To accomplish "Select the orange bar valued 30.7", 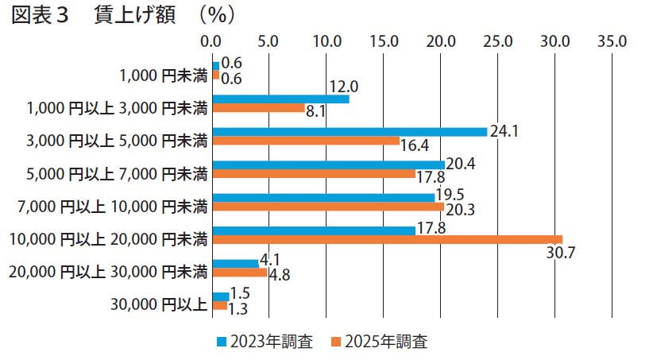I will point(387,239).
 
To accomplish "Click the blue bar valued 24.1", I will point(350,132).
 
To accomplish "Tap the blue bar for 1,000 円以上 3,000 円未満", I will point(280,99).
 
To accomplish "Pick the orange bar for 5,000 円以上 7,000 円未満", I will point(314,174).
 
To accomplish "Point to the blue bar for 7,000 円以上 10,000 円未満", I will point(323,197).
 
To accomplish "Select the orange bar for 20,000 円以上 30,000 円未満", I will point(240,273).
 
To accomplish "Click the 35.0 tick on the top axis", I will point(613,40).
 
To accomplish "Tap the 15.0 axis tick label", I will point(383,40).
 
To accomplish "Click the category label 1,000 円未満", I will point(163,76).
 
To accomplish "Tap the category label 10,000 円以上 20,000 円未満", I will point(108,238).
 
